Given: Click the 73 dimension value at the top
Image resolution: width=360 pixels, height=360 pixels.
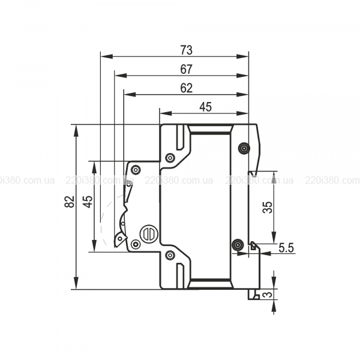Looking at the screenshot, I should tap(186, 49).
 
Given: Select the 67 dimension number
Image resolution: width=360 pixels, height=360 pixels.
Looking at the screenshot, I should tap(186, 69).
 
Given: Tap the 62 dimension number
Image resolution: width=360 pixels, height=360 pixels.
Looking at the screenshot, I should tap(186, 88).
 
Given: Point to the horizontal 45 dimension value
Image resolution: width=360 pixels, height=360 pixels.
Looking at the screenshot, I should tap(205, 107).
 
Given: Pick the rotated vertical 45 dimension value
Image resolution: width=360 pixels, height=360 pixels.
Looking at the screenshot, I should tap(88, 202).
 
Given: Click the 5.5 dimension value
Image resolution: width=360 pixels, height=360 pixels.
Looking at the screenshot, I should tap(286, 247).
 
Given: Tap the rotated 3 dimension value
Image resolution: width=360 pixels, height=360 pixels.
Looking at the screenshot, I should tap(268, 295).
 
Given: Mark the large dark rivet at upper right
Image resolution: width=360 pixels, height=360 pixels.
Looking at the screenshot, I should tap(244, 148).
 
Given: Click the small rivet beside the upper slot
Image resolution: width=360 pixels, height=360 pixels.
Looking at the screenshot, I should tap(170, 158).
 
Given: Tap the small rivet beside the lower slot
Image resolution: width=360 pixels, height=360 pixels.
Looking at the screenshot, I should tap(170, 256).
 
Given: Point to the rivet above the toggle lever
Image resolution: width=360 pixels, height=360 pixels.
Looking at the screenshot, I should tap(136, 170).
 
